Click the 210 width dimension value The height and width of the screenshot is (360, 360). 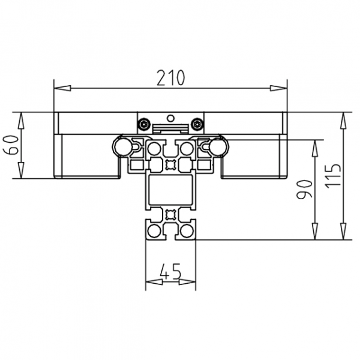171,77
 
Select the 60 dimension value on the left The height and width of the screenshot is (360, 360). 10,145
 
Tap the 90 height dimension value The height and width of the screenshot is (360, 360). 305,190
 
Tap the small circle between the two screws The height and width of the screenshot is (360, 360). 170,117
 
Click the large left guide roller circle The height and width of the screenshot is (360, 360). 122,145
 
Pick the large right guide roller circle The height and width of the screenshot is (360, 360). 218,145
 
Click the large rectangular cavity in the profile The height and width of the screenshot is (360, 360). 170,193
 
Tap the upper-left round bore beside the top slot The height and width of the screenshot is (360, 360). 154,148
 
